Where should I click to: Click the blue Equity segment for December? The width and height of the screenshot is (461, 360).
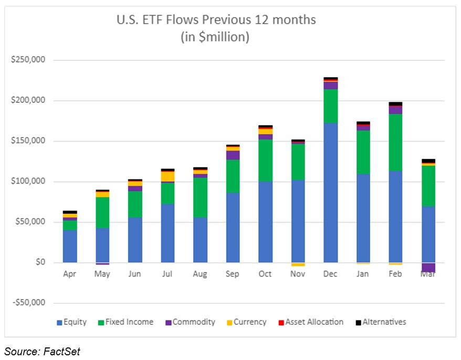pos(331,192)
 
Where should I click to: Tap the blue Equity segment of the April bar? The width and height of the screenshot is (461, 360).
pos(70,246)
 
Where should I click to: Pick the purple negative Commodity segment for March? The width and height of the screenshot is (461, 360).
pos(428,267)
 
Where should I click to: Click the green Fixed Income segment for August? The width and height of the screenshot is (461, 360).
pos(200,197)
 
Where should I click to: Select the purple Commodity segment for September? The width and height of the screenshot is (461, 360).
pos(233,155)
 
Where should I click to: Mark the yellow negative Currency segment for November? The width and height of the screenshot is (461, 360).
pos(298,264)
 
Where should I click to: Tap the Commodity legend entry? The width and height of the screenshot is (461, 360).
pos(190,322)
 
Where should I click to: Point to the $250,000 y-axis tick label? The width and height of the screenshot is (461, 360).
pos(28,60)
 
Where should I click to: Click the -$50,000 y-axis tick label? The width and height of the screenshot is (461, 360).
pos(28,303)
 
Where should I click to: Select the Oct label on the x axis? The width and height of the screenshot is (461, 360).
pos(265,274)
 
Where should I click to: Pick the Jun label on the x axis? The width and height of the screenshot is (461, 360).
pos(135,274)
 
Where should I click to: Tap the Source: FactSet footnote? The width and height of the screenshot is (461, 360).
pos(43,352)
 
